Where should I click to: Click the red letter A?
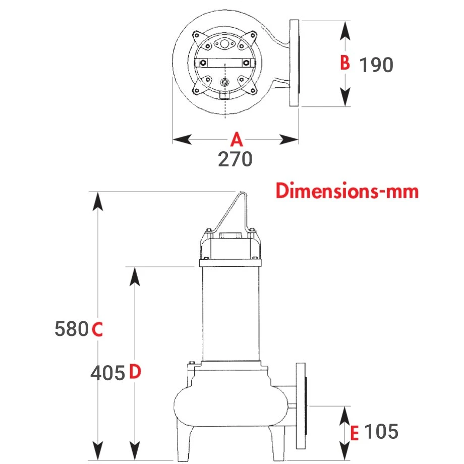coord(237,139)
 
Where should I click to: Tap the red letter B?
coord(345,63)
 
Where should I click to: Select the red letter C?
coord(97,329)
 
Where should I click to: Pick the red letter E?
coord(355,433)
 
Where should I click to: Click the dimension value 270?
coord(235,159)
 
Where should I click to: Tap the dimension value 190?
coord(376,65)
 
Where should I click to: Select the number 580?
coord(72,329)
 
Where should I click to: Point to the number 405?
coord(108,373)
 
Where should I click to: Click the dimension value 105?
coord(381,431)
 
